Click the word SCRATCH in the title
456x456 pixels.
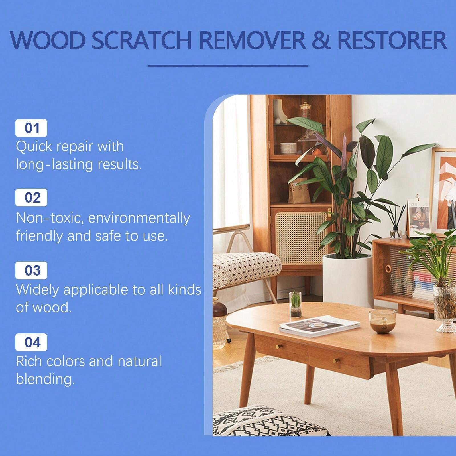[x=142, y=40]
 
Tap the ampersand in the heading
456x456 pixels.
[x=321, y=40]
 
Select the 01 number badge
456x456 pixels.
[x=31, y=128]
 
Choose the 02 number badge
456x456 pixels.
[x=31, y=198]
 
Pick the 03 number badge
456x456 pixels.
[x=31, y=270]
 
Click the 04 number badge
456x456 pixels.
[x=31, y=342]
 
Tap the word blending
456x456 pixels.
[x=45, y=379]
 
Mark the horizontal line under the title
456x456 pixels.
[x=228, y=66]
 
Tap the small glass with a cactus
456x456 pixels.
[x=295, y=304]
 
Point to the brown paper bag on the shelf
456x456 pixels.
[x=299, y=191]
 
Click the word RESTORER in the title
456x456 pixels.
[x=392, y=40]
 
